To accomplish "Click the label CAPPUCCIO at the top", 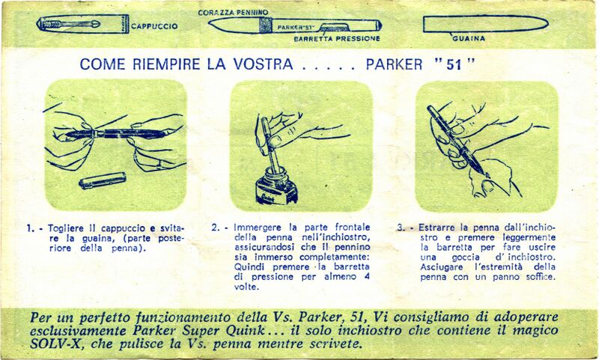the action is point(154,26).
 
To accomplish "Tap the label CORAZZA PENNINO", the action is point(233,13).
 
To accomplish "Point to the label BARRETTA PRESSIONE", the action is point(337,39).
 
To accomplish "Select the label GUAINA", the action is point(469,38).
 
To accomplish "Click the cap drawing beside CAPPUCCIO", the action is point(82,24).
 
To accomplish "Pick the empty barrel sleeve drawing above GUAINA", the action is point(485,24).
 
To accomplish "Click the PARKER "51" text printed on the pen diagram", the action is point(293,28).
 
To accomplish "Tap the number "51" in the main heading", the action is point(454,64).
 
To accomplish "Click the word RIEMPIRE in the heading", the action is point(166,64).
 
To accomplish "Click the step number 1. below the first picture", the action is point(30,229).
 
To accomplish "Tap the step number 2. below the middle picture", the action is point(216,228).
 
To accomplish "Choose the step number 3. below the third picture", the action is point(401,228).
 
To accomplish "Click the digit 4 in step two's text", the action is point(367,276).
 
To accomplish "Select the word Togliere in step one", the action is point(66,229).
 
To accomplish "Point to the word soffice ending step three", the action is point(540,276).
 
